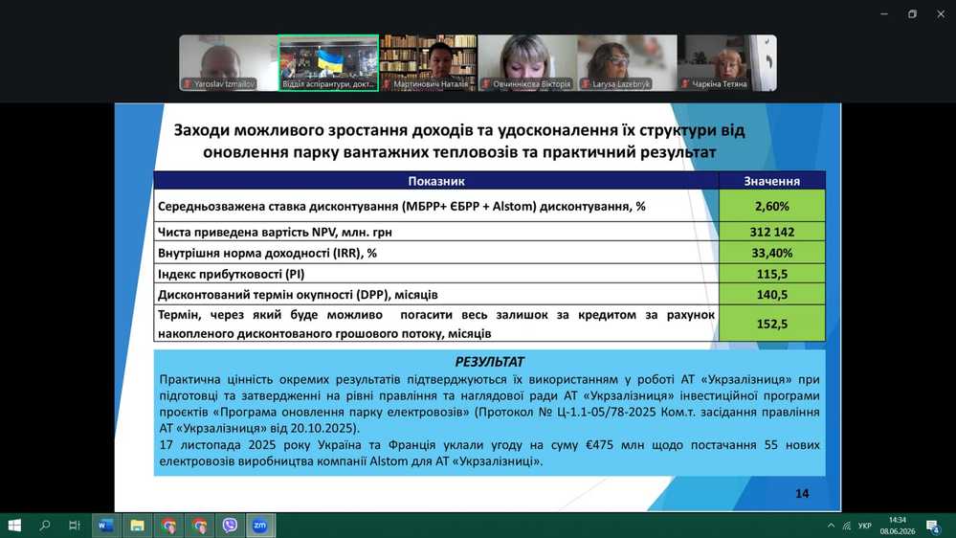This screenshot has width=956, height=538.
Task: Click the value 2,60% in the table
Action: click(x=772, y=206)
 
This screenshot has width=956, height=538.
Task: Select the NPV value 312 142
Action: click(x=772, y=232)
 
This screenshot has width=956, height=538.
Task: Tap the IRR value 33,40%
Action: click(x=772, y=253)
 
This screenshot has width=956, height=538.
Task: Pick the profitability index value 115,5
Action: click(x=772, y=274)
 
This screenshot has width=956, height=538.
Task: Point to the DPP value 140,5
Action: click(x=772, y=295)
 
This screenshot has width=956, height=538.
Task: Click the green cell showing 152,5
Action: click(x=772, y=324)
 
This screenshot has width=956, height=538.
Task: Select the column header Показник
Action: click(x=436, y=181)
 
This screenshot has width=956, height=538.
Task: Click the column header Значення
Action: click(x=772, y=181)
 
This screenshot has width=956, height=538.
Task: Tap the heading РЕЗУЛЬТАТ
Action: click(x=490, y=362)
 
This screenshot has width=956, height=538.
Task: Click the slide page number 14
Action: click(x=802, y=493)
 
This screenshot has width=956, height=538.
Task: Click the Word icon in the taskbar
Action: click(x=105, y=526)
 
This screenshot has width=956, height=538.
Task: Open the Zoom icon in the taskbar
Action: click(x=259, y=526)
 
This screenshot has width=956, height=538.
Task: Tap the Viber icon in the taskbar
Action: click(x=230, y=526)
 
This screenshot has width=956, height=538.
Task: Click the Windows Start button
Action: click(x=14, y=526)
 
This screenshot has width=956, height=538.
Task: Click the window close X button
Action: click(x=941, y=14)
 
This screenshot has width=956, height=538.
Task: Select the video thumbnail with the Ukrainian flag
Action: click(x=328, y=63)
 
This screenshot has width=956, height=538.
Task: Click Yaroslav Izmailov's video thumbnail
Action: click(x=229, y=63)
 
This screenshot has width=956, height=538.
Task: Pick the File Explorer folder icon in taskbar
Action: click(x=137, y=526)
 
